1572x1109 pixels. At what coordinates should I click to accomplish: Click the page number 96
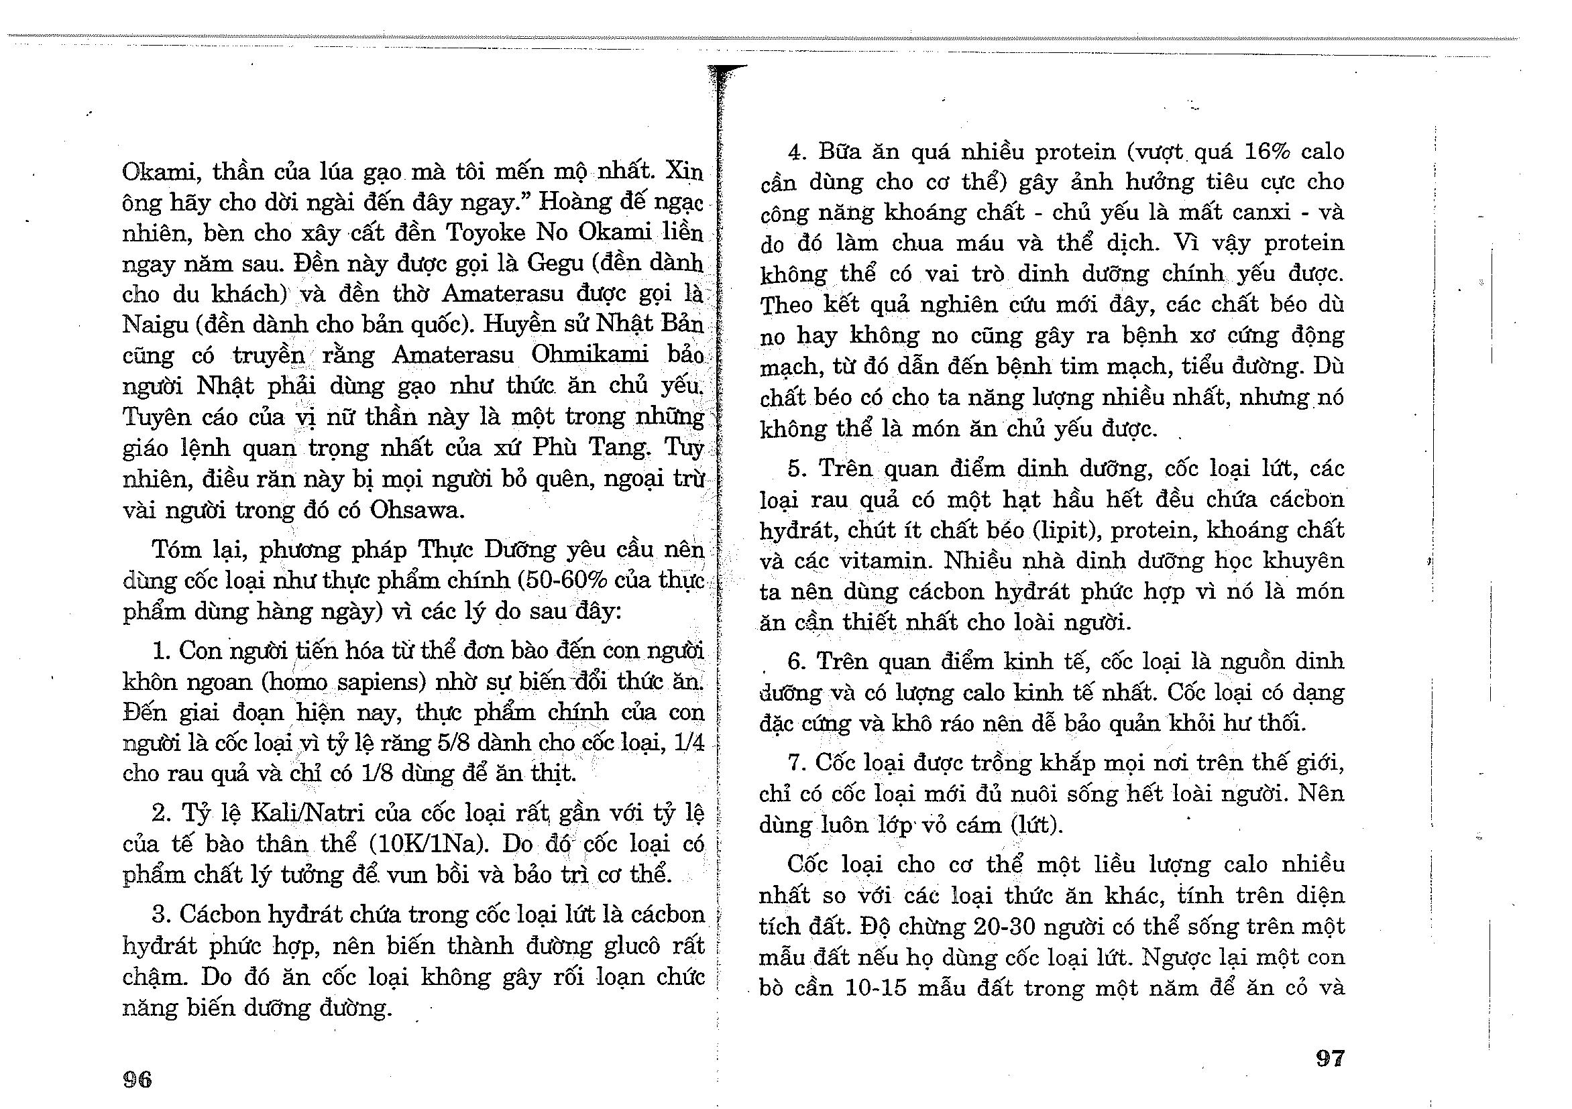[137, 1079]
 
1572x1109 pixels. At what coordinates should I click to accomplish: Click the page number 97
[1331, 1058]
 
